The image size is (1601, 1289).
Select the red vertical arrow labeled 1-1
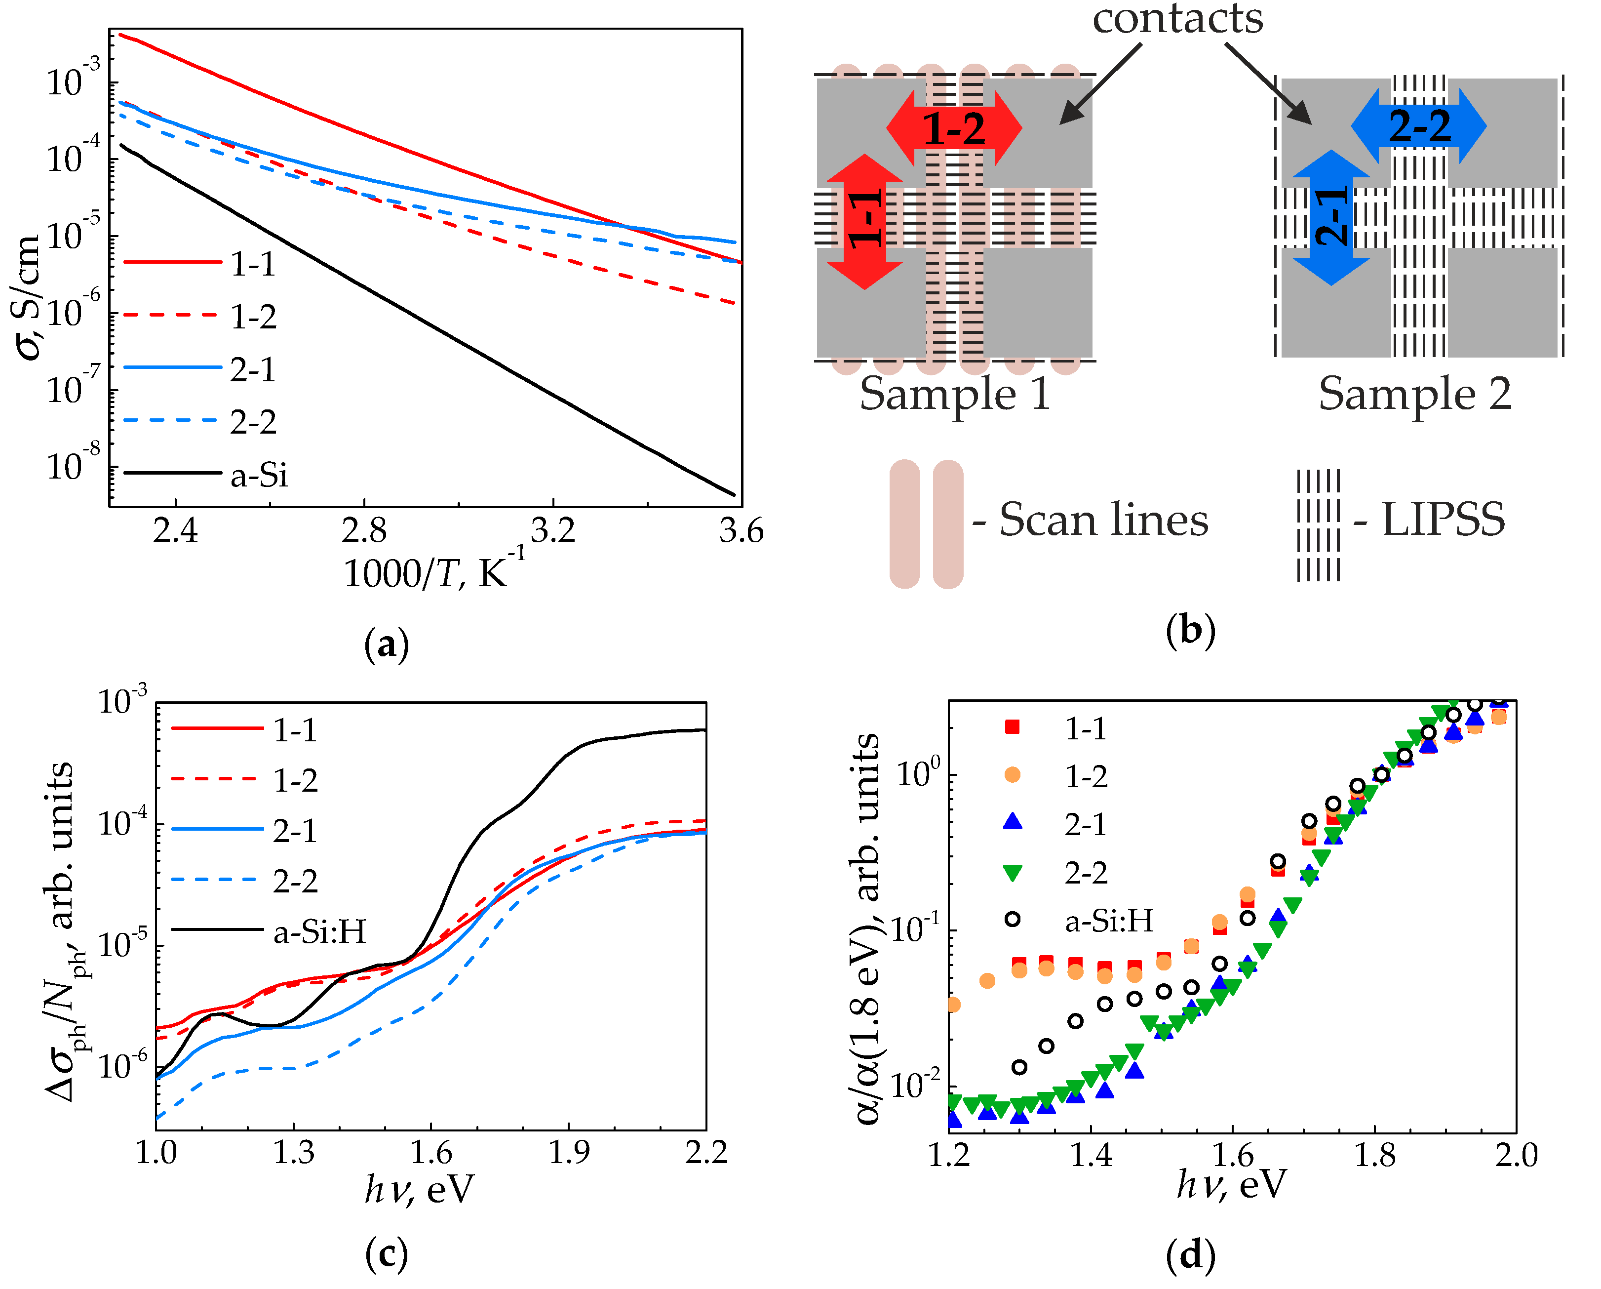(864, 221)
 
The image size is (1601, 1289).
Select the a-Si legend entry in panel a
(258, 474)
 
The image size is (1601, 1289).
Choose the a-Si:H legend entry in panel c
(319, 931)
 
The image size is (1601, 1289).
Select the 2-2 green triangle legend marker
(1012, 873)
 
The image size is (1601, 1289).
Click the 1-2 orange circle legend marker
(1012, 775)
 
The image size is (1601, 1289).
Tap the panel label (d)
(1190, 1255)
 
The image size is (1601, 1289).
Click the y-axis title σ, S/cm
(28, 297)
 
